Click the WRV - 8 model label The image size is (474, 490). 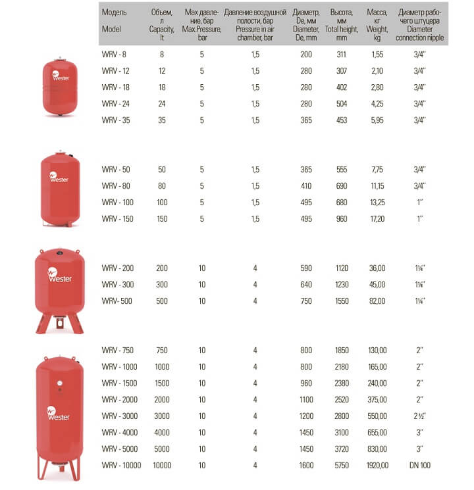pos(114,55)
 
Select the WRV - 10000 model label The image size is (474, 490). pos(121,465)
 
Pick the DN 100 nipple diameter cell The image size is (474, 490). pos(421,465)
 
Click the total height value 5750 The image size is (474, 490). pos(340,465)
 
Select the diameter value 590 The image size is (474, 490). pos(306,268)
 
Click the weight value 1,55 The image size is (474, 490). pos(377,55)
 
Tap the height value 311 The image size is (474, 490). pos(340,55)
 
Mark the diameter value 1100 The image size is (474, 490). pos(306,399)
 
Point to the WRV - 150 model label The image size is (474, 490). pos(118,218)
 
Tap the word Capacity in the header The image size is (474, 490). pos(162,30)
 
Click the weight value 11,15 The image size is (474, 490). pos(377,186)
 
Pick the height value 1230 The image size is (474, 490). pos(340,284)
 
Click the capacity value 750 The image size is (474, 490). pos(162,350)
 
